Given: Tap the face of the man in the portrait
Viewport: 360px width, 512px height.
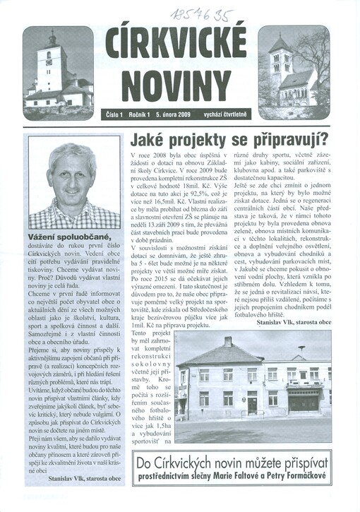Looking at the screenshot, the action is (x=74, y=183).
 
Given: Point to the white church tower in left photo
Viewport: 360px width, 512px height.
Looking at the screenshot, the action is (x=53, y=63).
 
